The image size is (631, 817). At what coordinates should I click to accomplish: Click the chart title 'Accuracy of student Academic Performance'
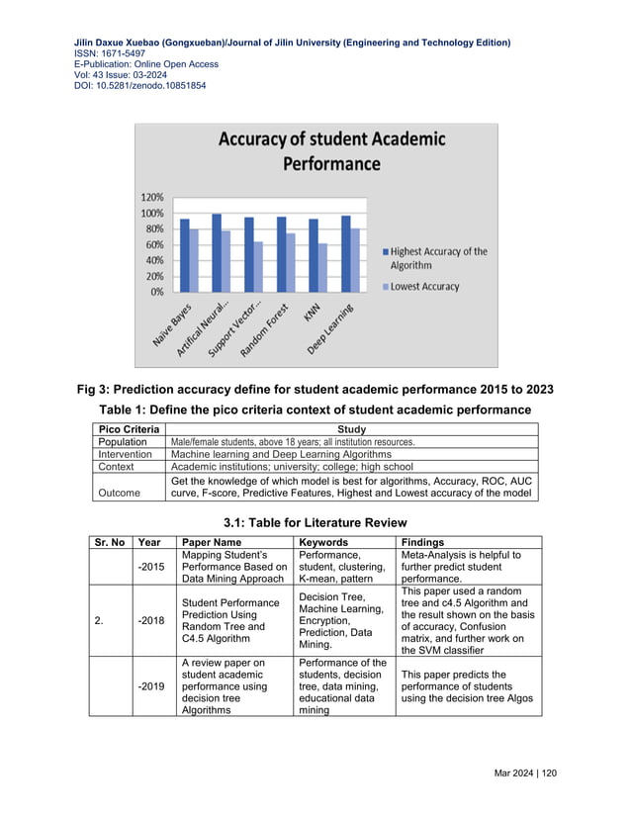click(x=316, y=151)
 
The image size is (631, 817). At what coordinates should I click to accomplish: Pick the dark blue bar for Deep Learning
click(x=345, y=253)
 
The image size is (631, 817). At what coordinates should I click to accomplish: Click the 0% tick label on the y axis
click(x=156, y=292)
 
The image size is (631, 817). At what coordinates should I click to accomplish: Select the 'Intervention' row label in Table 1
click(x=126, y=454)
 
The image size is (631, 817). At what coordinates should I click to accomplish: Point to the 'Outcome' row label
click(x=120, y=492)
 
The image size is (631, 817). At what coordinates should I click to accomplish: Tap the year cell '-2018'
click(x=151, y=622)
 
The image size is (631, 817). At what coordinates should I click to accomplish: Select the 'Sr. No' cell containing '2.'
click(x=99, y=622)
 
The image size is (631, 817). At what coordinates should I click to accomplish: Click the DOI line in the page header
click(x=140, y=86)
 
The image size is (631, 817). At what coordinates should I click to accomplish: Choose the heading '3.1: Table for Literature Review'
click(x=315, y=521)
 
